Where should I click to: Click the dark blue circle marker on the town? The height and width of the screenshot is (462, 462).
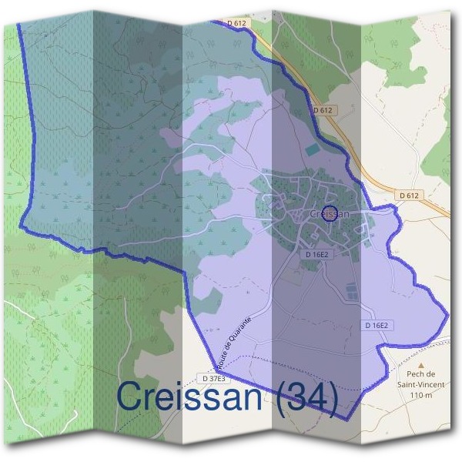[330, 213]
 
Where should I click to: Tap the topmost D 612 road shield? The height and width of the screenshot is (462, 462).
[237, 24]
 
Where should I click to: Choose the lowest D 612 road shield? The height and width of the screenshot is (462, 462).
[410, 196]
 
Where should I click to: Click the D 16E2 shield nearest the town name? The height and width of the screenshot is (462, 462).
[317, 253]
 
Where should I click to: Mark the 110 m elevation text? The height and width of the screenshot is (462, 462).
[422, 395]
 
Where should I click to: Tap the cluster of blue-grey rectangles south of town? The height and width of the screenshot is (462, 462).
[351, 291]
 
